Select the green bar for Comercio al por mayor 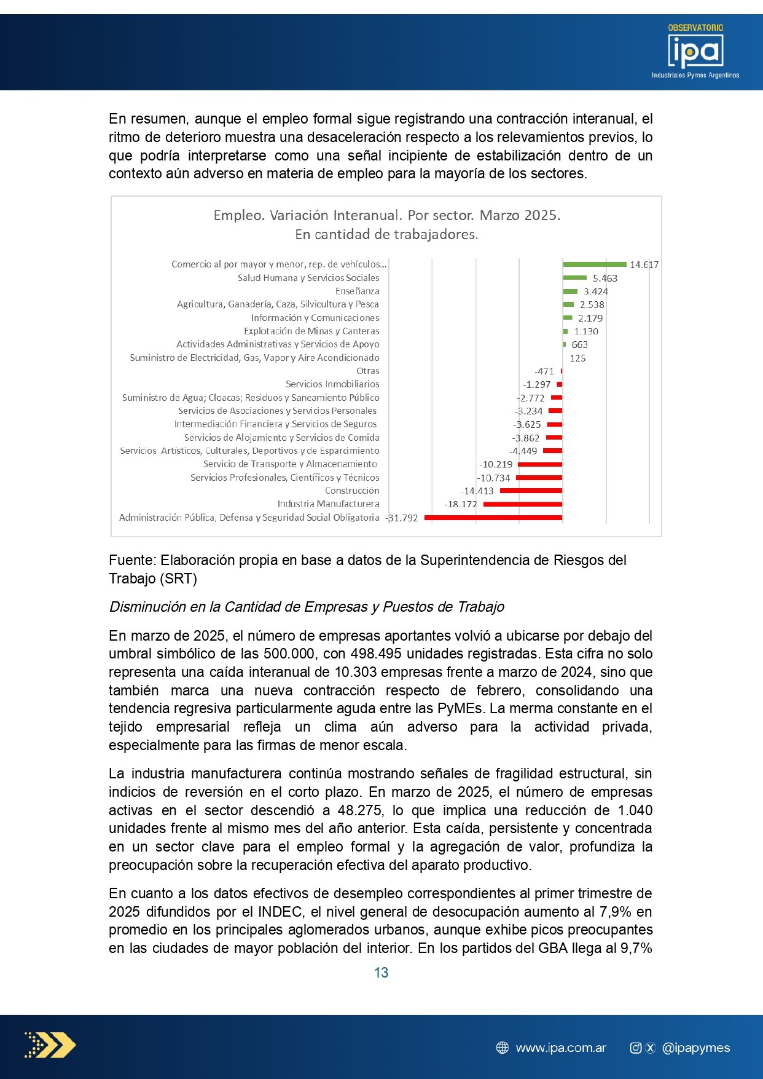[594, 264]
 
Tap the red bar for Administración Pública [493, 518]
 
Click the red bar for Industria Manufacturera [522, 504]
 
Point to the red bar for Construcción [531, 491]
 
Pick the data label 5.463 [605, 279]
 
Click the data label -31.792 [402, 518]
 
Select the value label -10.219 [496, 465]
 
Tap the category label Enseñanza [357, 291]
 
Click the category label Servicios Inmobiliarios [332, 384]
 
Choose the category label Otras [367, 371]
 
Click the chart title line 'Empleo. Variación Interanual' [386, 216]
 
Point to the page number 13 [381, 973]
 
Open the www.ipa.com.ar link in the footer [560, 1048]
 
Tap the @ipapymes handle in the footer [695, 1048]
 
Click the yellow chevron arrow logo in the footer [50, 1045]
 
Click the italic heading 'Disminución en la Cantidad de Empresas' [307, 607]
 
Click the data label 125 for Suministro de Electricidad [577, 358]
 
